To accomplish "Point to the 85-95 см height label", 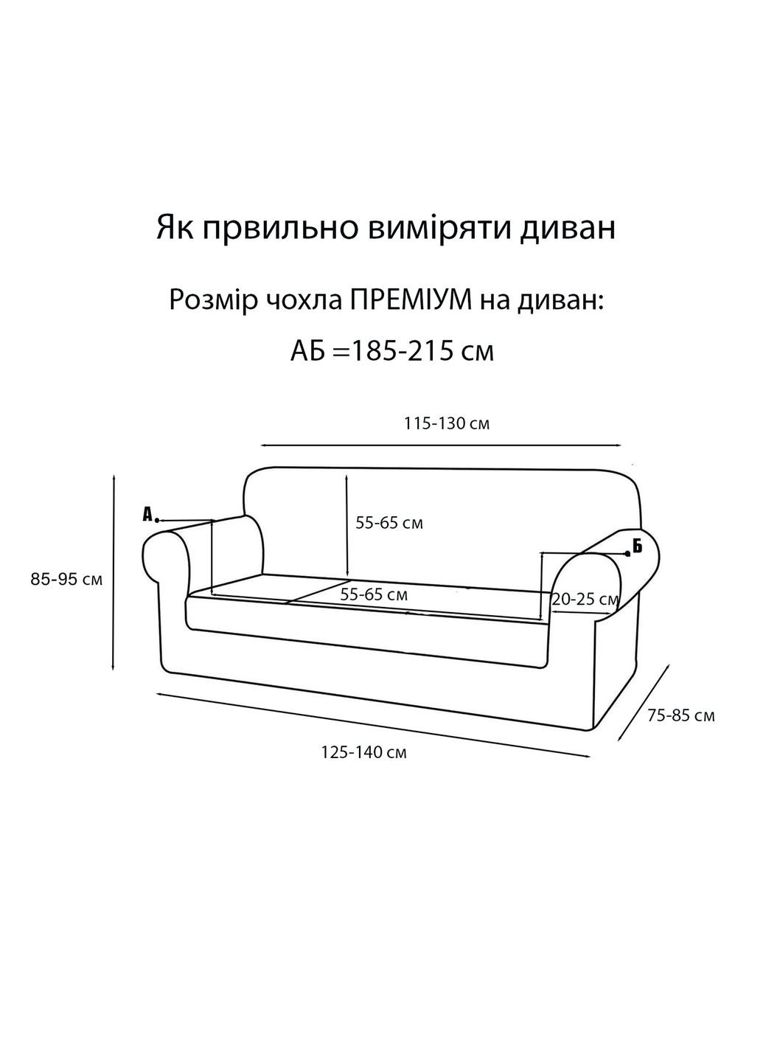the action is point(66,579).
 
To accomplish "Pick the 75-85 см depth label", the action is point(681,715).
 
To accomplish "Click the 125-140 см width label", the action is point(364,753).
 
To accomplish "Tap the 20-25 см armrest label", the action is point(585,600).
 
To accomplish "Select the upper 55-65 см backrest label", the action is point(389,523).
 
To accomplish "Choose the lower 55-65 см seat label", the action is point(374,594).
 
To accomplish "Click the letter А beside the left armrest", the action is point(147,514).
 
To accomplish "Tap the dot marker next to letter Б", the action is point(627,553).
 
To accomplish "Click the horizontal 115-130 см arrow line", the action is point(442,445).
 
